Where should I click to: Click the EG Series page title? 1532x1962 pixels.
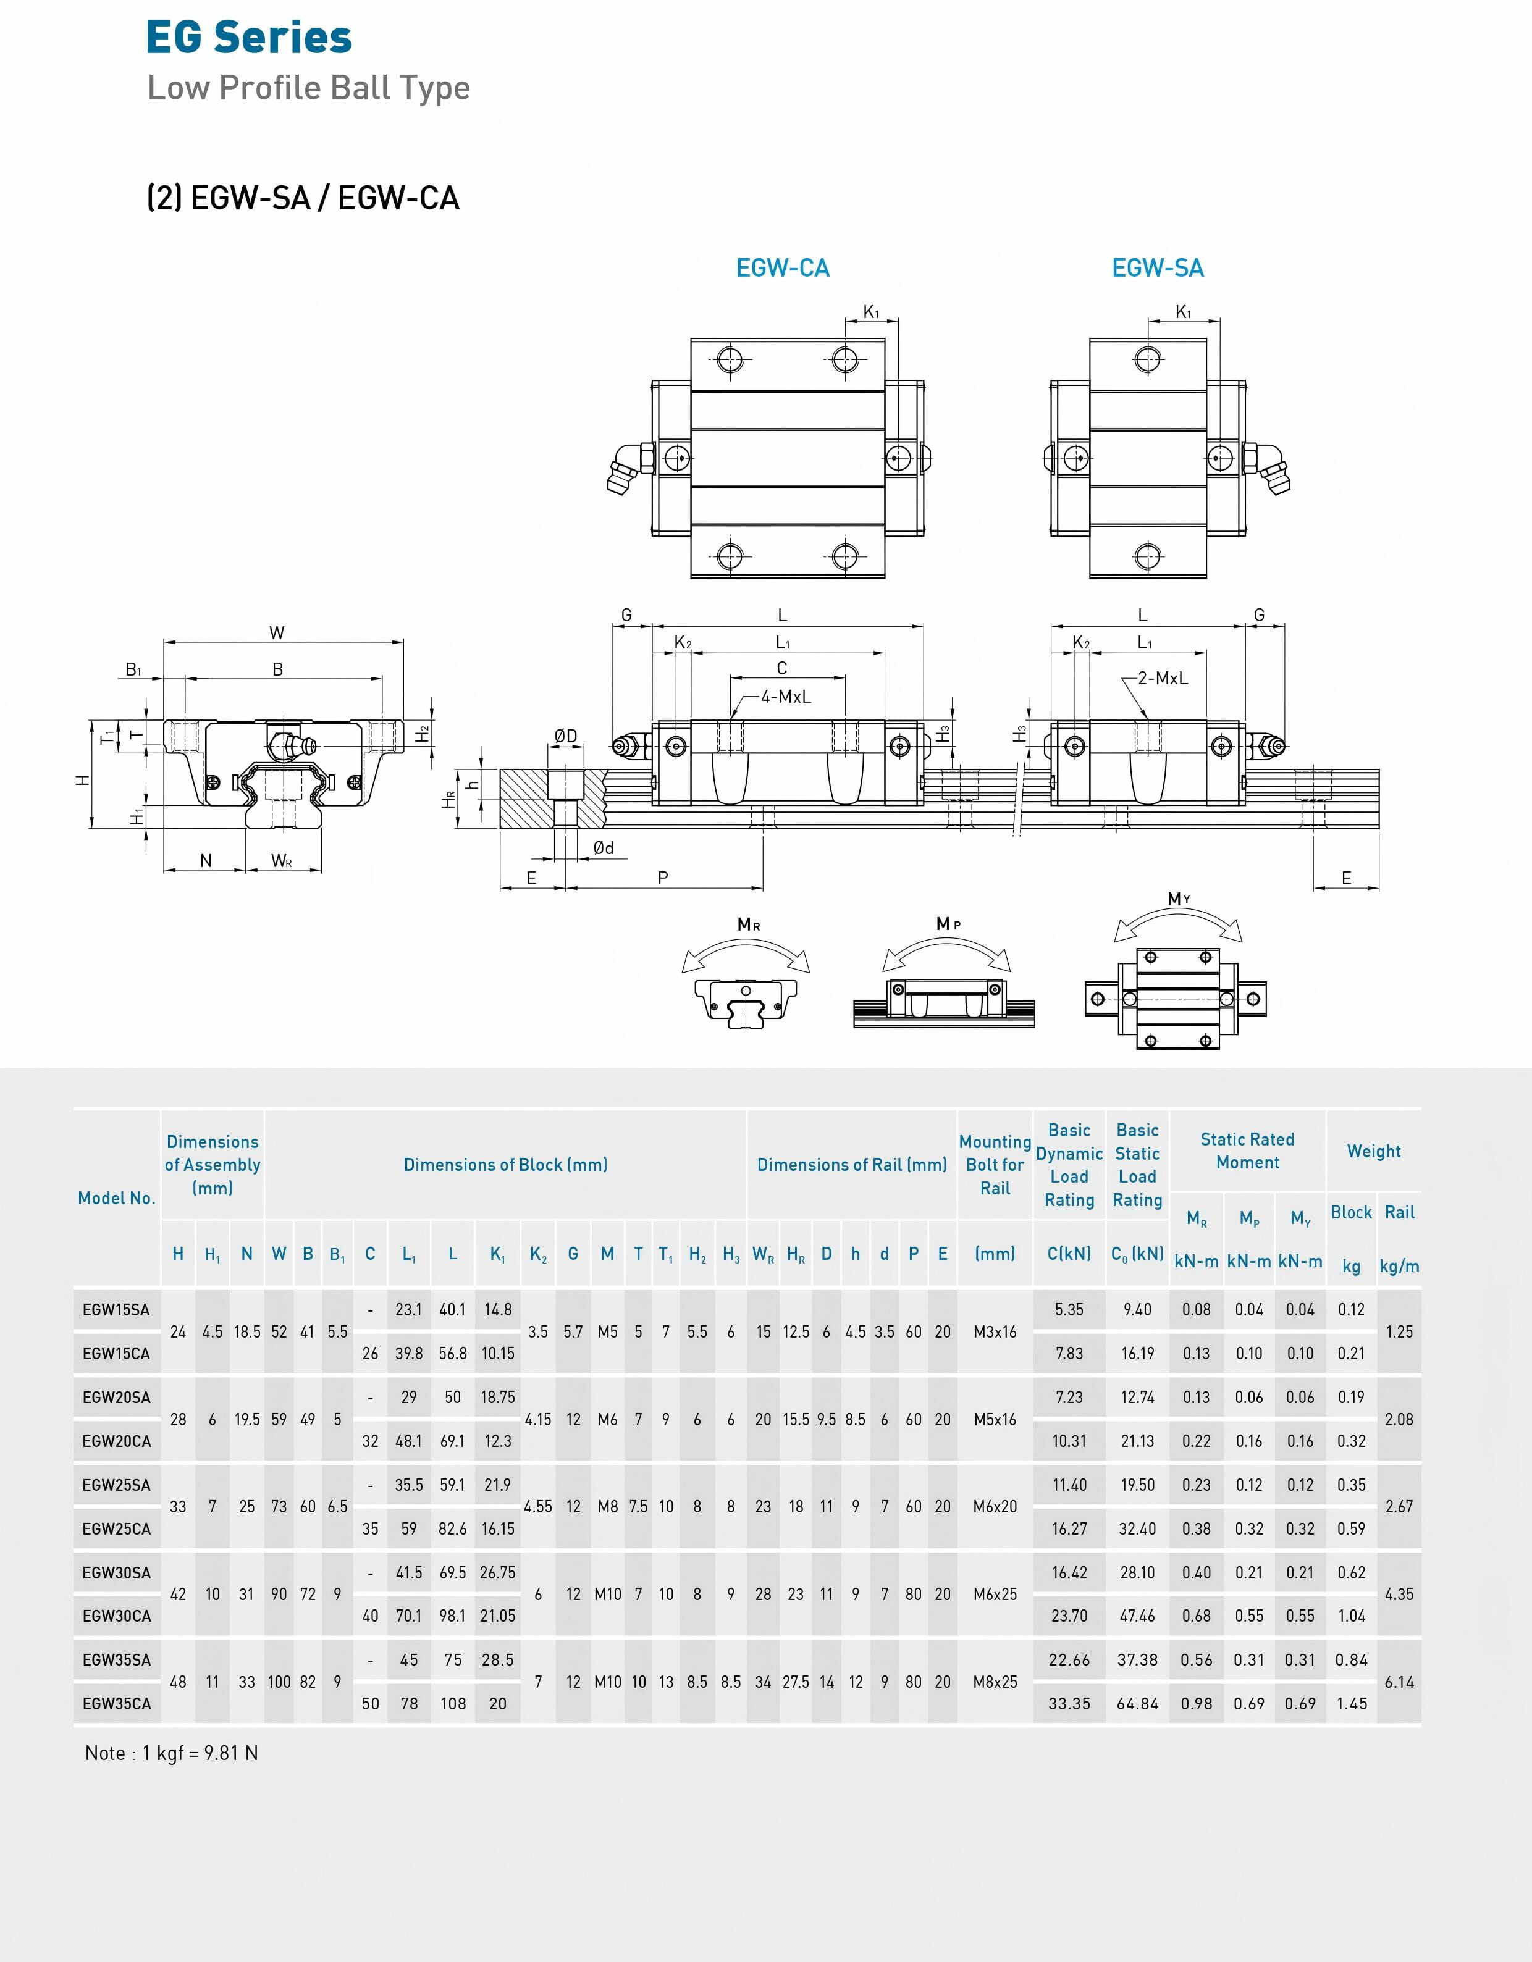(249, 38)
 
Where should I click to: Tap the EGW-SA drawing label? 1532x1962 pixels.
(1156, 267)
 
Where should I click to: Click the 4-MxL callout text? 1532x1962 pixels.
(785, 696)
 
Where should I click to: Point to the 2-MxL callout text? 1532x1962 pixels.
(1162, 678)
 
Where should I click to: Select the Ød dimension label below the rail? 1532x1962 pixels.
(603, 848)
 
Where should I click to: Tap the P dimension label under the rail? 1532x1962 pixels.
(663, 878)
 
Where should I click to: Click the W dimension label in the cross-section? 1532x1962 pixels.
(277, 632)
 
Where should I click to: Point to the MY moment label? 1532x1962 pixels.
(1178, 899)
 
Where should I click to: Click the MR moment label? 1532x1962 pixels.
(749, 924)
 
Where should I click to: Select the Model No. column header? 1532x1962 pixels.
(117, 1197)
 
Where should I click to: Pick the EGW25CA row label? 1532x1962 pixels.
(117, 1528)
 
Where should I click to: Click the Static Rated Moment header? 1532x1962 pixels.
(1247, 1151)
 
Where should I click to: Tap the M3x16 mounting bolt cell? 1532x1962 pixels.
(995, 1331)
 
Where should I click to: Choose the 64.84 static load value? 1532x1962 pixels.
(1137, 1703)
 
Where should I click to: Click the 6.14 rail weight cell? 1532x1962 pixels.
(1399, 1682)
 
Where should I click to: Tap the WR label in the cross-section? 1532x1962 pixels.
(281, 861)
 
